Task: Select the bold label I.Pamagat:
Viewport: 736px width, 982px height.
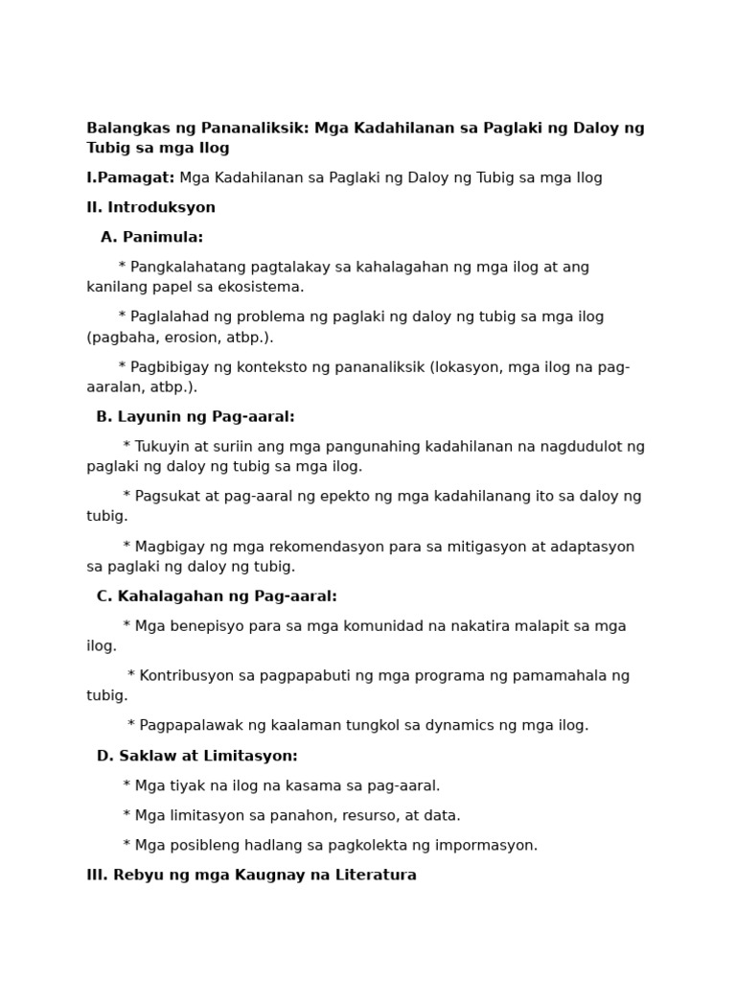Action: [130, 178]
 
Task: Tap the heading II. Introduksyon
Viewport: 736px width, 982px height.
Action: [150, 208]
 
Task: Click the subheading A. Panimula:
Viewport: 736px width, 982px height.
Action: [151, 238]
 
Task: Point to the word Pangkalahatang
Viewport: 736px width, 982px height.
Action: [188, 268]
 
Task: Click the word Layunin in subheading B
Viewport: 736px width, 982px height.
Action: [146, 417]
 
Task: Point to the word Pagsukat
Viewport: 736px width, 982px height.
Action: [169, 497]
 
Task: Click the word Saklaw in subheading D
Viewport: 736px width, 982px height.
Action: [144, 757]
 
